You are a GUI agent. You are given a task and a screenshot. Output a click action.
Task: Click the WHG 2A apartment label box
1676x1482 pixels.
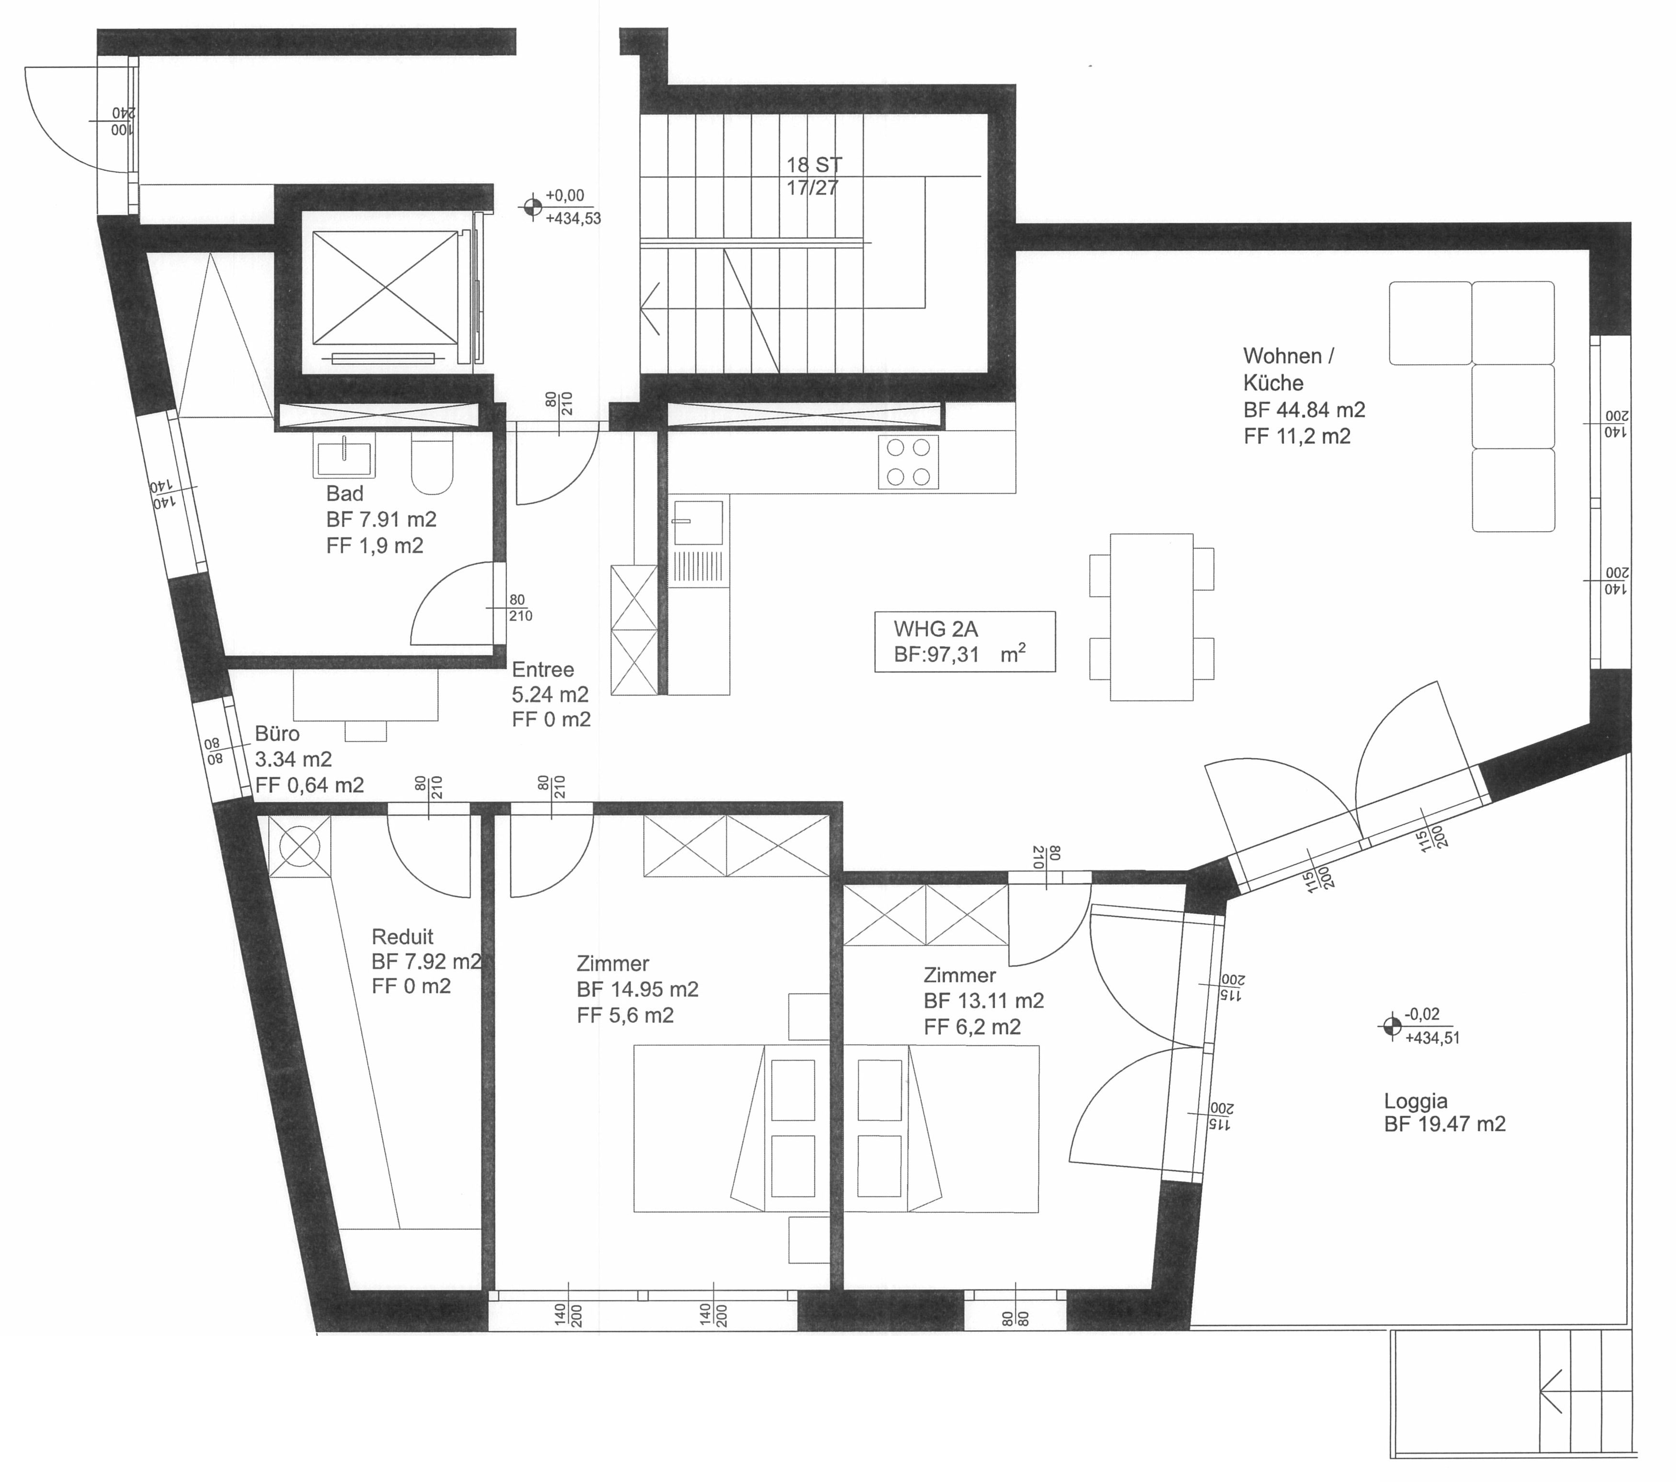coord(965,642)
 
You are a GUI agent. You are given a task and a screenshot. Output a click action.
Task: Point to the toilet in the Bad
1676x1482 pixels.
coord(432,465)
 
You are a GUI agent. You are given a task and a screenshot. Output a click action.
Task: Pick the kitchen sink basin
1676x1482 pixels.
coord(698,522)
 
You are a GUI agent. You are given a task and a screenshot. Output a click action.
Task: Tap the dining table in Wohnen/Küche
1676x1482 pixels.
coord(1151,617)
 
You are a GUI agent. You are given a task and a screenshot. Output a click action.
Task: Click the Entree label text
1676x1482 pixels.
coord(543,670)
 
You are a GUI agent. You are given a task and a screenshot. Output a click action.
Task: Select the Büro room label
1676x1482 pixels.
coord(277,734)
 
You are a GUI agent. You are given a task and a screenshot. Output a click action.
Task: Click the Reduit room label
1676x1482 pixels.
coord(402,937)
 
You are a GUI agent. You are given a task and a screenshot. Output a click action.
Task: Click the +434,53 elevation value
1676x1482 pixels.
coord(573,219)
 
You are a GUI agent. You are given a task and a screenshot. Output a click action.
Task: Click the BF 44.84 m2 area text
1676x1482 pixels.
coord(1304,409)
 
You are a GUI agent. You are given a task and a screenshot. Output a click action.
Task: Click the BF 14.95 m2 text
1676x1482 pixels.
coord(637,989)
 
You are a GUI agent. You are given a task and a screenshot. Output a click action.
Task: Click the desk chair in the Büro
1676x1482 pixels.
coord(366,731)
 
